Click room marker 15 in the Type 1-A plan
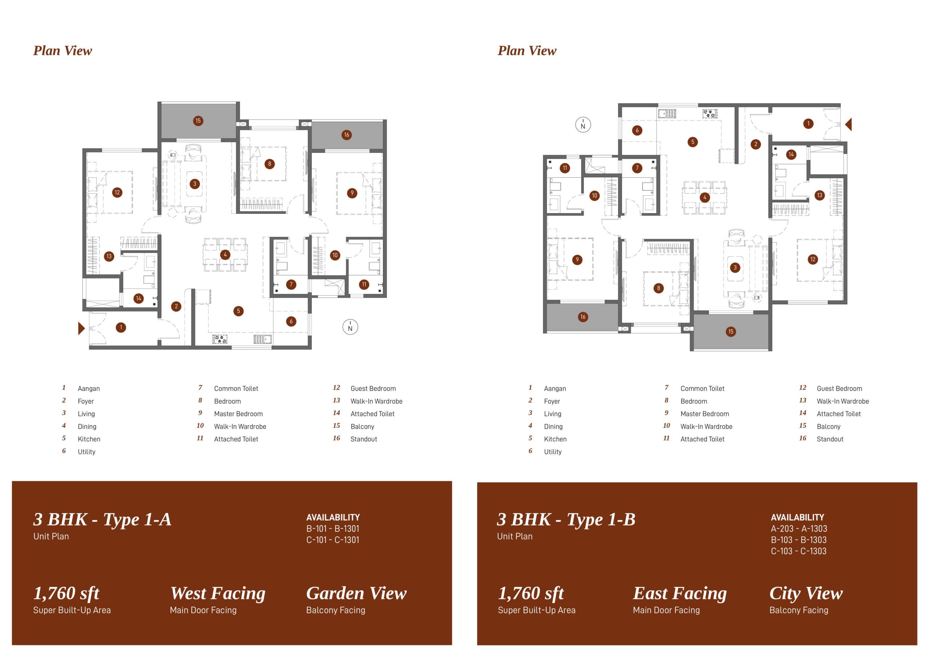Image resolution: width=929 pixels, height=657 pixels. (x=198, y=121)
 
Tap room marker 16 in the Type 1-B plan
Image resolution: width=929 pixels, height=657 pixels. (x=583, y=317)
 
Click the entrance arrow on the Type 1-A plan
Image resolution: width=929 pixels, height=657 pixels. (x=81, y=328)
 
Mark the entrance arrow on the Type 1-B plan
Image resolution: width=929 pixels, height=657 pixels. (x=848, y=124)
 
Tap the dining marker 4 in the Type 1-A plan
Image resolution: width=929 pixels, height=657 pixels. (x=225, y=254)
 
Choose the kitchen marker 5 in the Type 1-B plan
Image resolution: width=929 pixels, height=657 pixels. (x=693, y=142)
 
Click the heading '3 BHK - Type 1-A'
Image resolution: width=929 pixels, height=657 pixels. (x=102, y=520)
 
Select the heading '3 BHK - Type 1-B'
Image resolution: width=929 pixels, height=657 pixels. (x=566, y=520)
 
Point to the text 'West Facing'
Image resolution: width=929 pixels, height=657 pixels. (x=218, y=593)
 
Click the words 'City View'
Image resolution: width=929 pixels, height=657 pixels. (x=806, y=593)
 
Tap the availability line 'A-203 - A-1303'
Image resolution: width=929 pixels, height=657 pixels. (x=799, y=529)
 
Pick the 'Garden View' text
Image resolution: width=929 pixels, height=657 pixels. (x=356, y=593)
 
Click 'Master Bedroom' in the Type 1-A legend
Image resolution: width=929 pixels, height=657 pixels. (x=238, y=414)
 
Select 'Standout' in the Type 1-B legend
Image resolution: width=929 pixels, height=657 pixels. (x=830, y=439)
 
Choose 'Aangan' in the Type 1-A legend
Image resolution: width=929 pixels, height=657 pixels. (x=89, y=389)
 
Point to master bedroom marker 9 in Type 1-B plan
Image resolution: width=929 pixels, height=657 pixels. (x=577, y=260)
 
